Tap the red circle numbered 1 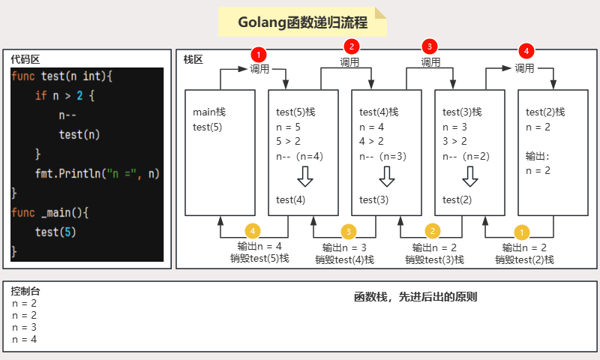[x=259, y=55]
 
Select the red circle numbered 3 [x=429, y=46]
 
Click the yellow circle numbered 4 [x=254, y=231]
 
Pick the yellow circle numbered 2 [x=432, y=231]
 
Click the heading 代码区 [x=25, y=59]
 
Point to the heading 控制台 [x=25, y=290]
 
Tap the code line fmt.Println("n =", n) [x=97, y=173]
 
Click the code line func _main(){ [x=50, y=212]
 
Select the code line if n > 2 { [x=65, y=95]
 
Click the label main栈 [x=209, y=112]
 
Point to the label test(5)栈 [x=296, y=112]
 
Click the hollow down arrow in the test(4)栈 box [x=387, y=177]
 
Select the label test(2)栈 [x=545, y=112]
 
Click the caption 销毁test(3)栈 [x=435, y=259]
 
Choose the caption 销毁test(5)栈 [x=259, y=258]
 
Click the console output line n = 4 [x=25, y=340]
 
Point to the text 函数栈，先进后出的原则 [x=415, y=297]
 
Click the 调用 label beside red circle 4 [x=525, y=67]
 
